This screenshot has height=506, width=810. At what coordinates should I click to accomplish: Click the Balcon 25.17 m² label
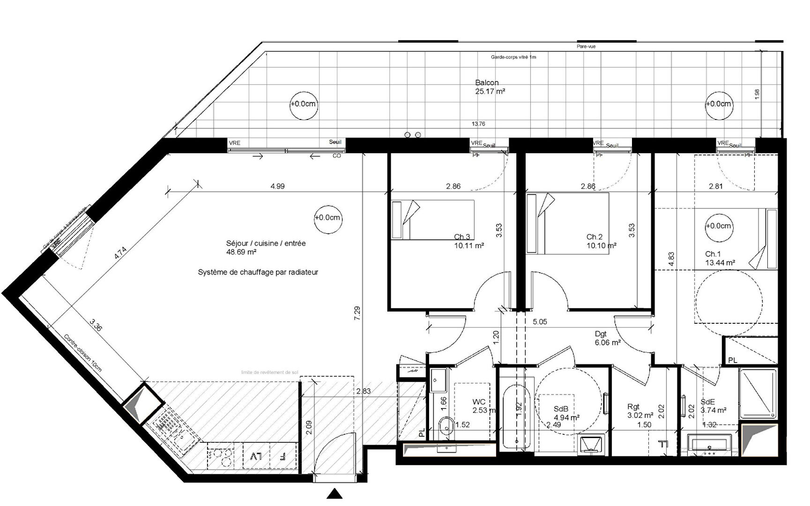(x=490, y=87)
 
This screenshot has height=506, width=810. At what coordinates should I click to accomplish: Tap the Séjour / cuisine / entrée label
(x=266, y=247)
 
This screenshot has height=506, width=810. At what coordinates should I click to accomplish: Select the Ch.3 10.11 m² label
(x=468, y=241)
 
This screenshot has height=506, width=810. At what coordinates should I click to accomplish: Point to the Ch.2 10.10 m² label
(x=601, y=241)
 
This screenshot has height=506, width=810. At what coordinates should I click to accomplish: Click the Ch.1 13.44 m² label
(x=720, y=258)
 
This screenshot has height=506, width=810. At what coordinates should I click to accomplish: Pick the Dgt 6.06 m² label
(x=607, y=338)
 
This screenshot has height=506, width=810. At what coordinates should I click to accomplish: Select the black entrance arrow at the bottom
(x=334, y=494)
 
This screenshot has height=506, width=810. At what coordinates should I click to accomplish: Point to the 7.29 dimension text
(x=357, y=313)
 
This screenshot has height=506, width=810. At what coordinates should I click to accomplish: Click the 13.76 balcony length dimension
(x=478, y=124)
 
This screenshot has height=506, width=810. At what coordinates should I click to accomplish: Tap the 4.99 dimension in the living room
(x=277, y=186)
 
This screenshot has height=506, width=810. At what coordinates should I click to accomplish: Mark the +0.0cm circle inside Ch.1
(x=718, y=226)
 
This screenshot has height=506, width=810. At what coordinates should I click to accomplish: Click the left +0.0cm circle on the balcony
(x=303, y=104)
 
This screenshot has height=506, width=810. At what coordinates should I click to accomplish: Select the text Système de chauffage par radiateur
(x=258, y=272)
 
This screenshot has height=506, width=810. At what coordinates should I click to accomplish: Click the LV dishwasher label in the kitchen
(x=256, y=456)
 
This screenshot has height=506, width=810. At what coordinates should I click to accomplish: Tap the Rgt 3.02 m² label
(x=639, y=411)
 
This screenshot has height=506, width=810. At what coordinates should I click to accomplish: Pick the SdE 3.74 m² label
(x=713, y=406)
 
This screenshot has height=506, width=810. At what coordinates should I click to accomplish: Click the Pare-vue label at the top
(x=586, y=46)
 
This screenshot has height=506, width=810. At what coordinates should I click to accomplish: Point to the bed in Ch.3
(x=432, y=220)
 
